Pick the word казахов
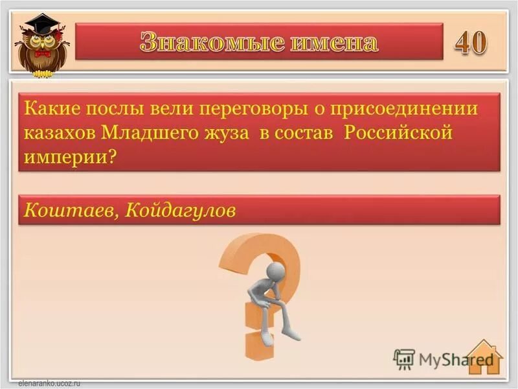[x=60, y=133]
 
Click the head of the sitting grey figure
[x=276, y=270]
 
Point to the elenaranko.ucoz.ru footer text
[x=43, y=383]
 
